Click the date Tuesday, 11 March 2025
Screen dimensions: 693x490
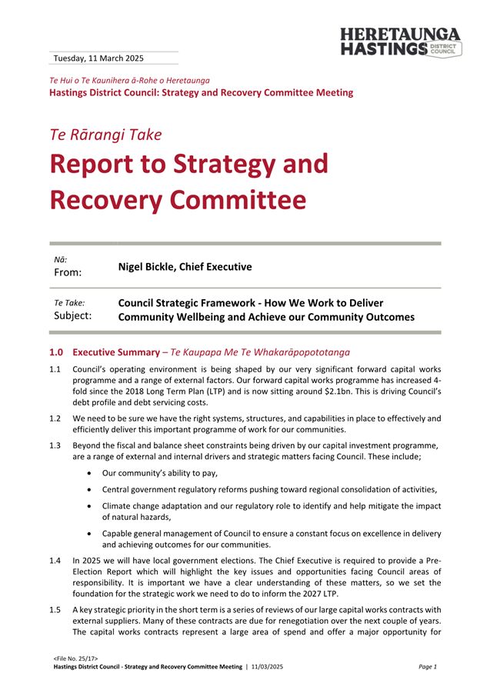pyautogui.click(x=98, y=58)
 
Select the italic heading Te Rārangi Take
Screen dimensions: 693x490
pyautogui.click(x=105, y=135)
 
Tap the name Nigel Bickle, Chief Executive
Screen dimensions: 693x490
pyautogui.click(x=185, y=267)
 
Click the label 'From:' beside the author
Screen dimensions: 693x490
pyautogui.click(x=68, y=272)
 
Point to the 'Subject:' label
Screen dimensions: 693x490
pyautogui.click(x=71, y=315)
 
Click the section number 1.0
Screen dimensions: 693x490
pyautogui.click(x=56, y=352)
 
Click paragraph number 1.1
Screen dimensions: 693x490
pyautogui.click(x=55, y=370)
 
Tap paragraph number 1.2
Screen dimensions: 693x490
pyautogui.click(x=55, y=419)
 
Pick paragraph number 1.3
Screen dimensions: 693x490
pyautogui.click(x=55, y=446)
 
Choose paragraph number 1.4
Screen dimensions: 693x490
pyautogui.click(x=55, y=562)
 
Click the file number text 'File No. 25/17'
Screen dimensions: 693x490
pyautogui.click(x=75, y=659)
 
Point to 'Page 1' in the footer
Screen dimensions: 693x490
pyautogui.click(x=428, y=667)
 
